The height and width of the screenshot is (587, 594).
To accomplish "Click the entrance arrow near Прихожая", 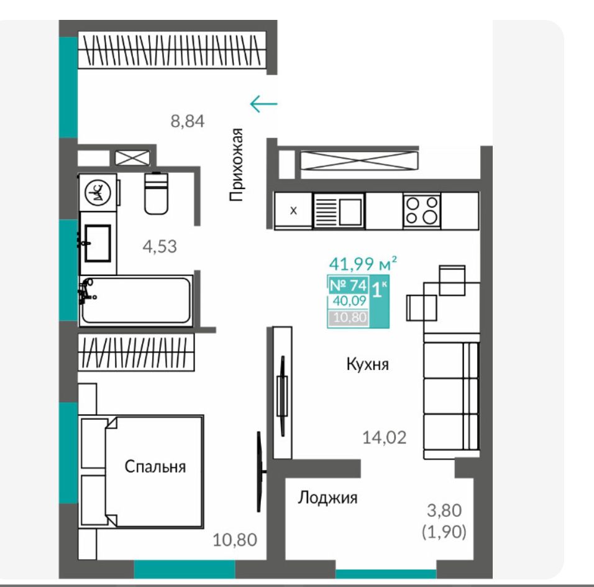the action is (263, 103).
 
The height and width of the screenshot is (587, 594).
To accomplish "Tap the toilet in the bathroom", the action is (156, 193).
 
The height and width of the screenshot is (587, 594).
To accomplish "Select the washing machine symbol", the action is (98, 192).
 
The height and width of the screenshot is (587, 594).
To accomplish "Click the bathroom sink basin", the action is (98, 243).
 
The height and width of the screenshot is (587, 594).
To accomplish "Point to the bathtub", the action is (135, 300).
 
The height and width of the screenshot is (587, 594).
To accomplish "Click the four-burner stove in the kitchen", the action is (422, 211).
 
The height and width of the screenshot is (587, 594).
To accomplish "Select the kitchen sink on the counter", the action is (339, 211).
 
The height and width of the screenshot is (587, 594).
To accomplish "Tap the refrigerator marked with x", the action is (293, 210).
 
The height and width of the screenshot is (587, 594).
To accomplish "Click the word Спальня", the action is (155, 467).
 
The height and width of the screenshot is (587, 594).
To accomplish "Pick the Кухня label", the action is (367, 364).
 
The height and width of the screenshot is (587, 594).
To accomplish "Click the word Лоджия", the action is (327, 497).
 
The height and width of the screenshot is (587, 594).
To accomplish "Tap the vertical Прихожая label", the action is (235, 165).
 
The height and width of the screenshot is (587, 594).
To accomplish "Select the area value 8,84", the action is (188, 121).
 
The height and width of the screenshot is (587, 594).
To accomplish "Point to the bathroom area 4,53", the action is (160, 247).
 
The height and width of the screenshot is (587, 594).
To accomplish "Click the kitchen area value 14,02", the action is (384, 438).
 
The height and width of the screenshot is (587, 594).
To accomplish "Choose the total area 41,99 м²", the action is (362, 264).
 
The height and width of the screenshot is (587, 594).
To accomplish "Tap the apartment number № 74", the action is (348, 285).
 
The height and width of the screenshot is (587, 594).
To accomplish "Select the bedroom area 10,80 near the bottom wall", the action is (235, 540).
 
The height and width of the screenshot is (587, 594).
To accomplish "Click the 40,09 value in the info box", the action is (349, 301).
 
